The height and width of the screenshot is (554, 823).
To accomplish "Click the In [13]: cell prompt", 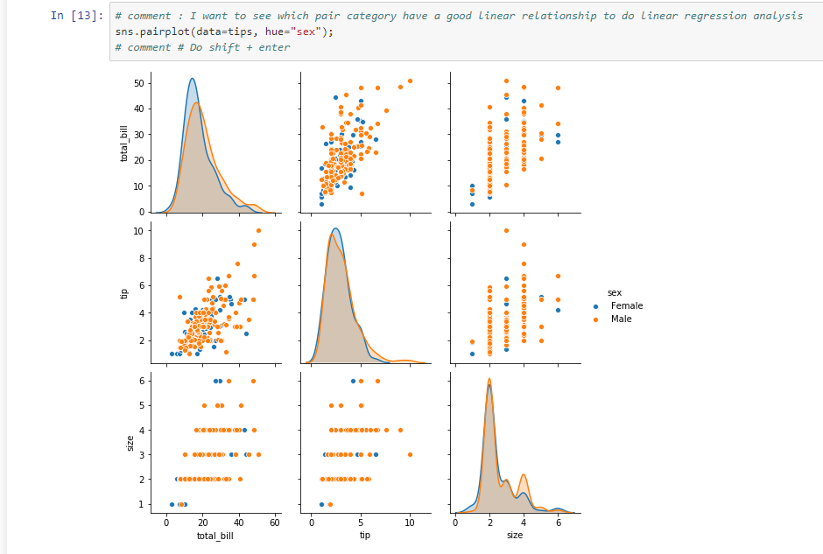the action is pyautogui.click(x=77, y=16).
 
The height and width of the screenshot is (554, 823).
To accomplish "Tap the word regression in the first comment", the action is pyautogui.click(x=716, y=16).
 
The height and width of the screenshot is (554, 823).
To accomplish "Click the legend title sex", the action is pyautogui.click(x=615, y=292).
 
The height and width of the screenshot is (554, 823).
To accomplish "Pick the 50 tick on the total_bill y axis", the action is pyautogui.click(x=138, y=83).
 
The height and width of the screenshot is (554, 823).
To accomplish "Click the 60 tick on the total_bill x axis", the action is pyautogui.click(x=275, y=522).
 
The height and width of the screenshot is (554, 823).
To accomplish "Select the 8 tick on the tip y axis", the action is pyautogui.click(x=141, y=258).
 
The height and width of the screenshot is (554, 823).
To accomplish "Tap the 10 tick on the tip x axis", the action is pyautogui.click(x=410, y=522).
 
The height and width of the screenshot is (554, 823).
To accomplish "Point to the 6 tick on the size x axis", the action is pyautogui.click(x=559, y=522).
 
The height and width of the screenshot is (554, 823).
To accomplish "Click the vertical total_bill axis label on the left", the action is pyautogui.click(x=123, y=144).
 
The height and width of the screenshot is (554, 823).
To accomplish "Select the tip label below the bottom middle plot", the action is pyautogui.click(x=365, y=535).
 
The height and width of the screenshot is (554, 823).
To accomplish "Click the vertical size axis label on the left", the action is pyautogui.click(x=130, y=444).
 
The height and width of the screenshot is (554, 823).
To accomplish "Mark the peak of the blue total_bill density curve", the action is pyautogui.click(x=192, y=79).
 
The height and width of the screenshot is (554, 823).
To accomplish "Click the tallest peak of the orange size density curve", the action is pyautogui.click(x=489, y=379).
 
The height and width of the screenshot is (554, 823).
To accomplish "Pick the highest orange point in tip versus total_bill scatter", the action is pyautogui.click(x=258, y=231).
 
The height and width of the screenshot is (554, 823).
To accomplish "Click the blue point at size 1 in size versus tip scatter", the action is pyautogui.click(x=321, y=504).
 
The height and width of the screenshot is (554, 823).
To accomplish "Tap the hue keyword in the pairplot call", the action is pyautogui.click(x=275, y=32).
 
